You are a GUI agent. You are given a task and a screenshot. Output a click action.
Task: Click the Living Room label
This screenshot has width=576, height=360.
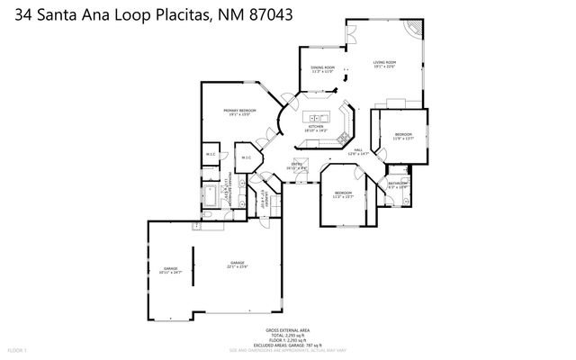[x=384, y=64]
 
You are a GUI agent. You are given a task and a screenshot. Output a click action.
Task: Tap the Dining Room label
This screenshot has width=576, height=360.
[x=323, y=69]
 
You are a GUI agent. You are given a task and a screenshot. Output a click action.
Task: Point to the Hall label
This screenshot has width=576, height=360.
[x=357, y=151]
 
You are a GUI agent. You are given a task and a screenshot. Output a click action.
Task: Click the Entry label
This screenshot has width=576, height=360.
[x=296, y=166]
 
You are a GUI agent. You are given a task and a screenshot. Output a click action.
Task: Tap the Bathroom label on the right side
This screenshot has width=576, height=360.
[x=398, y=184]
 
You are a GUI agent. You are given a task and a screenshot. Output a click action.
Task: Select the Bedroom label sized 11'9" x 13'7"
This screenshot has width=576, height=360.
[x=403, y=136]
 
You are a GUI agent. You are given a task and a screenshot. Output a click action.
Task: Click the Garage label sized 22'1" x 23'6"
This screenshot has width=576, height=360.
[x=237, y=265]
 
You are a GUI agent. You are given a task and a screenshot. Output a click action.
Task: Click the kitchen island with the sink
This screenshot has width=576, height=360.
[x=317, y=116]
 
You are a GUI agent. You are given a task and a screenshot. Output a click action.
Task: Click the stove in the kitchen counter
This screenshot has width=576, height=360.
[x=344, y=114]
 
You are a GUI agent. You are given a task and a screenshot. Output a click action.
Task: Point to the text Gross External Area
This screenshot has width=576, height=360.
[x=287, y=330]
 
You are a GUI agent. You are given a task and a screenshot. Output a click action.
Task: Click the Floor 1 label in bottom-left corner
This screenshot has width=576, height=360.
[x=18, y=348]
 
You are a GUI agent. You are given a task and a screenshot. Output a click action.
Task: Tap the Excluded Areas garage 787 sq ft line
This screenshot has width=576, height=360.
[x=287, y=344]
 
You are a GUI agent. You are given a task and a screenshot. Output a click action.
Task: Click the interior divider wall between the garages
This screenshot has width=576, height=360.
[x=190, y=269]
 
